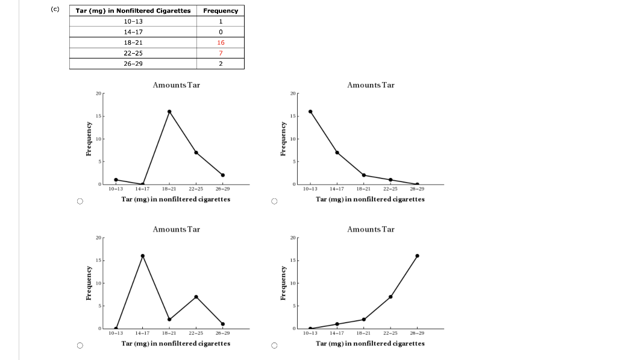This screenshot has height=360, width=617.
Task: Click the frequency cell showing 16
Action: click(x=221, y=43)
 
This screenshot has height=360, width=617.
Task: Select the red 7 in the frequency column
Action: click(x=221, y=53)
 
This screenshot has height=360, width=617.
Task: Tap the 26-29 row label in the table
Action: click(x=133, y=63)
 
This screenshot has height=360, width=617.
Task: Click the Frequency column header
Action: click(x=221, y=11)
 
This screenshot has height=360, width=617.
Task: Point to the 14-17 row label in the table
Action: click(x=133, y=32)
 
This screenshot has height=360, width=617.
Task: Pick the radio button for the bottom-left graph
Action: click(x=79, y=346)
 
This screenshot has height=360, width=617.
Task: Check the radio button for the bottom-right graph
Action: click(x=274, y=346)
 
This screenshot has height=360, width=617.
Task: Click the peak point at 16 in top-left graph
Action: click(x=169, y=112)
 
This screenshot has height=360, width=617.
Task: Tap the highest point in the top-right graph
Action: click(x=310, y=112)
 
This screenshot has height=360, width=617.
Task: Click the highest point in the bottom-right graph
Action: click(x=417, y=256)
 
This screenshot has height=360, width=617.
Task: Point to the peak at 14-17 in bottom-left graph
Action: click(x=143, y=256)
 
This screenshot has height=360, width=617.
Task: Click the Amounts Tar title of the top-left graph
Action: click(x=176, y=85)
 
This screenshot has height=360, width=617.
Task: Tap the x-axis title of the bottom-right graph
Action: click(x=370, y=344)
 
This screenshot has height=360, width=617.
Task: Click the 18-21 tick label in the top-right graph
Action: click(x=363, y=189)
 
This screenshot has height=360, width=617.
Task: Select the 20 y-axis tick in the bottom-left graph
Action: click(x=98, y=238)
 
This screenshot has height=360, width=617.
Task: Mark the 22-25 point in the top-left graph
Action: click(x=196, y=153)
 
